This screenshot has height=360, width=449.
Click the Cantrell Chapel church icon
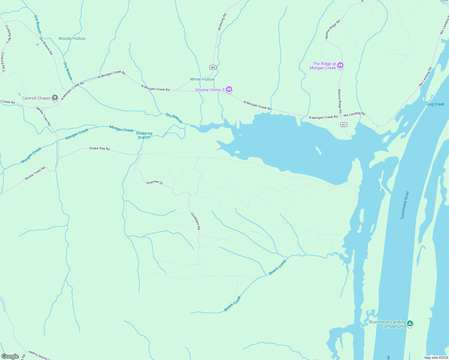click(x=55, y=97)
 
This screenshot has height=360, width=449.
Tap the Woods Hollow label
click(x=72, y=38)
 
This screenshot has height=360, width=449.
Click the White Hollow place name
click(x=202, y=79)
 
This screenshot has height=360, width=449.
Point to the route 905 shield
click(x=213, y=67)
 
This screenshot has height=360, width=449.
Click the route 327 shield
click(x=344, y=124)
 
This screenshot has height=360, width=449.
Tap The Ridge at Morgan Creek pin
click(x=340, y=65)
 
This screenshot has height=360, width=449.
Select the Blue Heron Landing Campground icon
click(x=410, y=324)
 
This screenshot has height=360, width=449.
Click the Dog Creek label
click(x=435, y=104)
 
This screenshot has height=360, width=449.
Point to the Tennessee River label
click(x=405, y=205)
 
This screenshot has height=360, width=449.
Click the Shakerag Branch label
click(x=144, y=135)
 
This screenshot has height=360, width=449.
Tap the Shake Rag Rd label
click(x=99, y=148)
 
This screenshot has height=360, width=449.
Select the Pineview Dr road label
click(x=155, y=182)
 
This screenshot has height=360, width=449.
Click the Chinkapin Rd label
click(x=195, y=221)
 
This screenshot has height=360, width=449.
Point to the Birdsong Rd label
click(x=222, y=22)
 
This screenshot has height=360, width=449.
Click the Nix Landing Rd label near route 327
click(x=354, y=114)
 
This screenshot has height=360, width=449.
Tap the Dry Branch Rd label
click(x=46, y=46)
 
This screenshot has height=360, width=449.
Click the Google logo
click(x=10, y=356)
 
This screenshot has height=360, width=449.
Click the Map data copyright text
click(x=436, y=358)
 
